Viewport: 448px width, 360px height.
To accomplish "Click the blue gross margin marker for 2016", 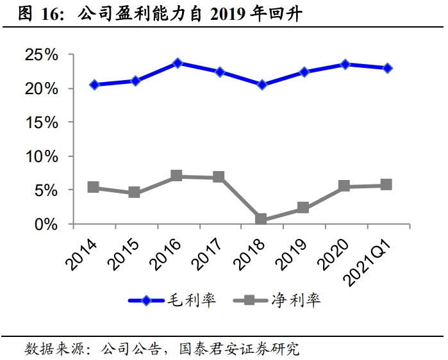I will pos(178,63).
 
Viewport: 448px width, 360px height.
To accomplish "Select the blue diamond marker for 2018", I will pos(261,85).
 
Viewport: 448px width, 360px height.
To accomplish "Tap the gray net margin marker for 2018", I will pos(261,219).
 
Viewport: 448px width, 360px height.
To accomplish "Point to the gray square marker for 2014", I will pos(94,187).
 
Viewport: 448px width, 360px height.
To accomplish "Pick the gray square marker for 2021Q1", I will pos(386,184).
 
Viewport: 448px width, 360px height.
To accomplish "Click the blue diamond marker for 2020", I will pos(345,64).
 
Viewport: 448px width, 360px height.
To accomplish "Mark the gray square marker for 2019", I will pos(303,208).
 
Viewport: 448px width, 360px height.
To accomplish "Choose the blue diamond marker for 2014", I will pos(94,85).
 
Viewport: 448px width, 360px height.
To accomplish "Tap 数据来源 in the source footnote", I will pos(49,349).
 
